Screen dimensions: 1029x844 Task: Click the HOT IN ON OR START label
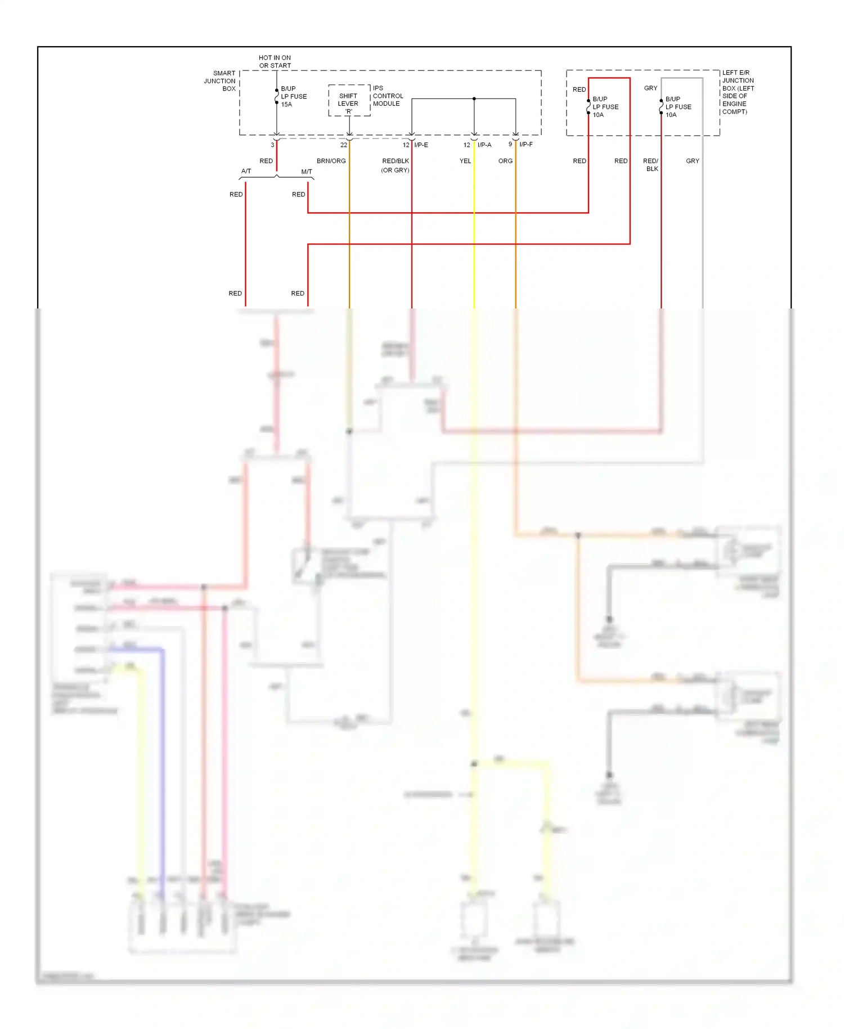click(x=275, y=61)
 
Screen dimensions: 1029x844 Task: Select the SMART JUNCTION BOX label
click(x=220, y=81)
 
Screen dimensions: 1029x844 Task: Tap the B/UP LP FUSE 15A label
click(x=294, y=96)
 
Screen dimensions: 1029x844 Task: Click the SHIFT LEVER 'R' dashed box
click(x=349, y=101)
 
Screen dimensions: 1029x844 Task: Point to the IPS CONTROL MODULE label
click(x=388, y=96)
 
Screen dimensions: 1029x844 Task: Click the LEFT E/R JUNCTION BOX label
click(x=738, y=92)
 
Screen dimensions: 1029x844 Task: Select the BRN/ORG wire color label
click(x=331, y=161)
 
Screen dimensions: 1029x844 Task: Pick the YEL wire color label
click(x=465, y=161)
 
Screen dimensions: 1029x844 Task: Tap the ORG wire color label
click(x=505, y=161)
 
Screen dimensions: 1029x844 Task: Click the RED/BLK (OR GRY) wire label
click(x=395, y=165)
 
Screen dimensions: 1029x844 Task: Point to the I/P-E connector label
click(x=421, y=145)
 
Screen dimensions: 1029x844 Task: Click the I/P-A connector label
click(x=484, y=145)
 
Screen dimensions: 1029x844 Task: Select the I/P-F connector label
click(x=526, y=145)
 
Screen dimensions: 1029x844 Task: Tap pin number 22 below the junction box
click(x=343, y=145)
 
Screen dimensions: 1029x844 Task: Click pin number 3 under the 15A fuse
click(x=272, y=145)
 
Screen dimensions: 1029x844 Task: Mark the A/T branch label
click(x=246, y=171)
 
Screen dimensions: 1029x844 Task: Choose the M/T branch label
click(x=306, y=172)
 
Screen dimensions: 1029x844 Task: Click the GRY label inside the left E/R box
click(x=650, y=88)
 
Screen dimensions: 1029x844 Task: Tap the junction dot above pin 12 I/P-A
click(x=474, y=99)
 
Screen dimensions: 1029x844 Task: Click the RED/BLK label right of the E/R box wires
click(x=651, y=165)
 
